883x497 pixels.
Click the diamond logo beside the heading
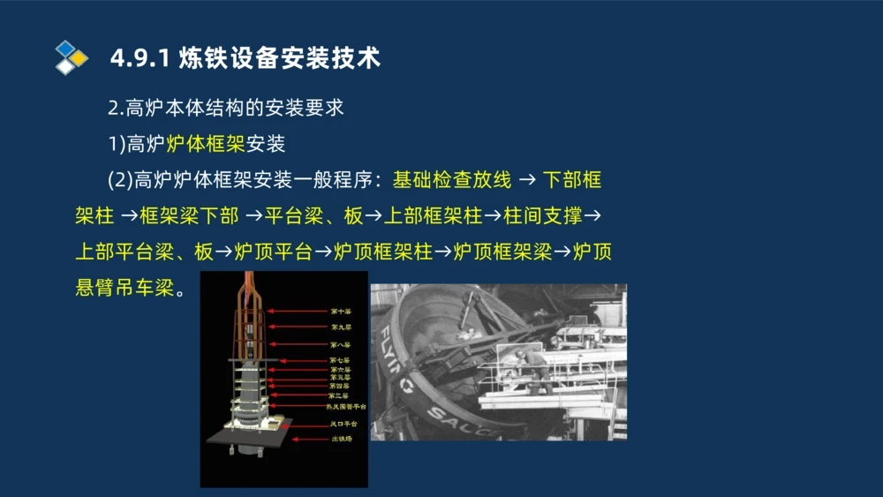pyautogui.click(x=72, y=57)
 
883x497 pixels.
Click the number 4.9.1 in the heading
pyautogui.click(x=140, y=59)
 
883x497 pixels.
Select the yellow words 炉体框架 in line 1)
pyautogui.click(x=206, y=142)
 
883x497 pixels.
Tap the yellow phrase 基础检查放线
pyautogui.click(x=452, y=180)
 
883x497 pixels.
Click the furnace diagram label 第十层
pyautogui.click(x=340, y=312)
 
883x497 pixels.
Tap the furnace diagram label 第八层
pyautogui.click(x=340, y=343)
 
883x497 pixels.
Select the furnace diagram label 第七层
pyautogui.click(x=340, y=360)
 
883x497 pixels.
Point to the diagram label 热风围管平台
pyautogui.click(x=346, y=407)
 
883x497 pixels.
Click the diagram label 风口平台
pyautogui.click(x=343, y=425)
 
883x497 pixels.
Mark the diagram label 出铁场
pyautogui.click(x=342, y=439)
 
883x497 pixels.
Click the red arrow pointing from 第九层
pyautogui.click(x=296, y=327)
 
